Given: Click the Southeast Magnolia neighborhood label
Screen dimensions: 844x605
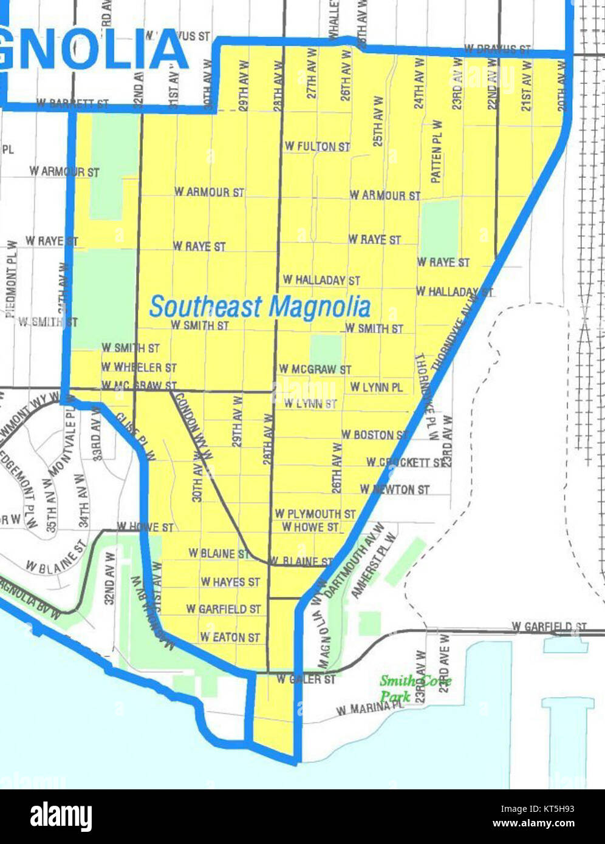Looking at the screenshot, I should (259, 307).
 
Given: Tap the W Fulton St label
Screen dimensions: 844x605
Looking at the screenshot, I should (317, 146).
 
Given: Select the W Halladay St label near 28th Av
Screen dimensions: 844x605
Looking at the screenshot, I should (321, 280).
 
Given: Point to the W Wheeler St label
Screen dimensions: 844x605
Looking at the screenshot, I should (139, 367).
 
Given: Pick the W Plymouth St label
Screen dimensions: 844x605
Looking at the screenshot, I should (315, 514).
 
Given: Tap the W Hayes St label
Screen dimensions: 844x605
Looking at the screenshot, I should (230, 582).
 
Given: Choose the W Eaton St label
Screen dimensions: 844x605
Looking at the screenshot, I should (230, 637).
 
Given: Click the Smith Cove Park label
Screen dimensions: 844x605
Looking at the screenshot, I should (415, 688).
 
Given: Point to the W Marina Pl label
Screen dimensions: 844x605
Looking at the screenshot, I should (369, 708).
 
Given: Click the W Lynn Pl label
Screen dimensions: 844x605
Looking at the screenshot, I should (376, 387).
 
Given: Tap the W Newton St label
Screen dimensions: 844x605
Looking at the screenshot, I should (394, 489).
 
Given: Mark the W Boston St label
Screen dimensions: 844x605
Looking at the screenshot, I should (374, 435).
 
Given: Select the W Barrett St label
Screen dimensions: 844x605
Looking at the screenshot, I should (72, 104).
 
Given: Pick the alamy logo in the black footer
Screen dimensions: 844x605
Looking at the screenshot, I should (61, 817).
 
